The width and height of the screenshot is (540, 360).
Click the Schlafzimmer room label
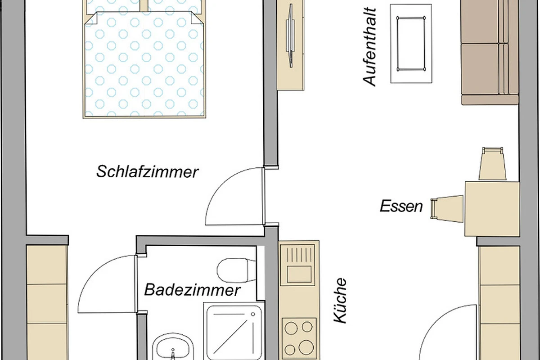[147, 172]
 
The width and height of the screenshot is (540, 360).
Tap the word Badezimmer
[192, 290]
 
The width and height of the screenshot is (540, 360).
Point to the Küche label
[340, 301]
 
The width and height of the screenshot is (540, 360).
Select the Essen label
[401, 206]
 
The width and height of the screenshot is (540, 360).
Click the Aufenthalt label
[369, 47]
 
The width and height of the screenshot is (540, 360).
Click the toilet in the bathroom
[236, 270]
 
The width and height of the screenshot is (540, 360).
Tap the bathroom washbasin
[173, 347]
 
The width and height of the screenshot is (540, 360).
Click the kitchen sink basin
[299, 274]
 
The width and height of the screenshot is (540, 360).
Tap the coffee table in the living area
[411, 44]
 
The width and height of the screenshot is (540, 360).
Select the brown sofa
[490, 52]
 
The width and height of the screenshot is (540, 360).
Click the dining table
[492, 209]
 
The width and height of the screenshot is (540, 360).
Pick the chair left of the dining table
[447, 209]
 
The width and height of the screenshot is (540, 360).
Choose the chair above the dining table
[492, 164]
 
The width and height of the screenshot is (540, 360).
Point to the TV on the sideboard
[291, 36]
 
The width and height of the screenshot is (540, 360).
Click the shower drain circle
[253, 314]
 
